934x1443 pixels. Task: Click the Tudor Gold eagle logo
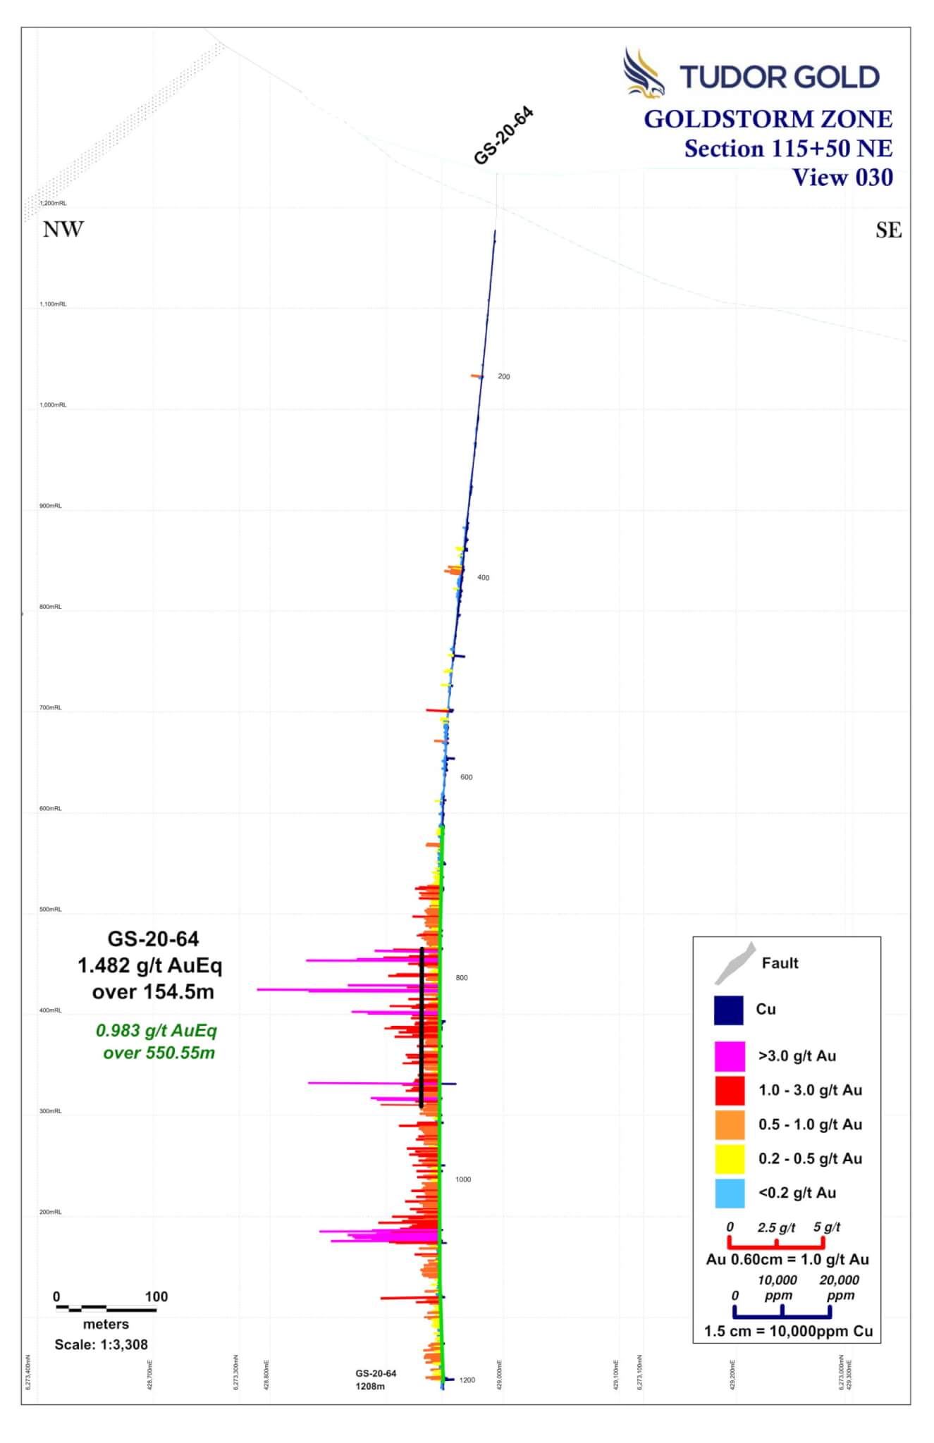click(x=644, y=73)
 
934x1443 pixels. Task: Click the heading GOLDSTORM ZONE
click(x=768, y=119)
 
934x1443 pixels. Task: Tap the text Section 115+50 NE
click(x=788, y=149)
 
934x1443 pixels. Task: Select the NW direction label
click(x=63, y=230)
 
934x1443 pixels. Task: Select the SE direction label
click(x=888, y=230)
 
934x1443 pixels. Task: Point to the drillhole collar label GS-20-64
click(x=503, y=136)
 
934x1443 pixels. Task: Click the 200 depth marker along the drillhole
click(x=504, y=376)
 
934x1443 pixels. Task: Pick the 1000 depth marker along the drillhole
click(x=463, y=1179)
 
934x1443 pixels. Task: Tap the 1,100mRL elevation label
click(x=53, y=304)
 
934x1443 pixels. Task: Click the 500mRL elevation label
click(x=51, y=910)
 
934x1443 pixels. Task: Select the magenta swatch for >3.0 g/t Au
click(x=730, y=1056)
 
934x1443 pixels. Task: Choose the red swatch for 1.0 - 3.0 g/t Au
click(x=730, y=1090)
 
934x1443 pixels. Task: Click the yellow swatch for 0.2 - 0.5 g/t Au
click(x=730, y=1159)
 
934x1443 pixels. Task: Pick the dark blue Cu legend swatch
click(x=729, y=1010)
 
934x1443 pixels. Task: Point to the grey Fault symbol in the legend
click(x=735, y=963)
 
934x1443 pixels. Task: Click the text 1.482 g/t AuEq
click(x=150, y=965)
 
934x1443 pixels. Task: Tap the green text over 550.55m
click(x=159, y=1053)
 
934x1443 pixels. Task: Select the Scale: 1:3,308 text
click(x=102, y=1344)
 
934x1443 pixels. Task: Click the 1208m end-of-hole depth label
click(x=371, y=1387)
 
